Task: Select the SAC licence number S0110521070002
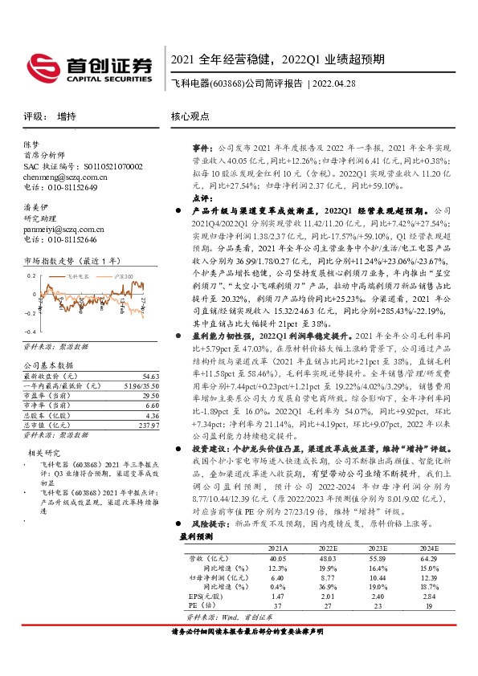tap(97, 166)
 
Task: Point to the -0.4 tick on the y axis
tap(30, 332)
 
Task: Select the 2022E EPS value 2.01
tap(325, 596)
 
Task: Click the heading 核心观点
tap(190, 116)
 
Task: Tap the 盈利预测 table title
tap(195, 535)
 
